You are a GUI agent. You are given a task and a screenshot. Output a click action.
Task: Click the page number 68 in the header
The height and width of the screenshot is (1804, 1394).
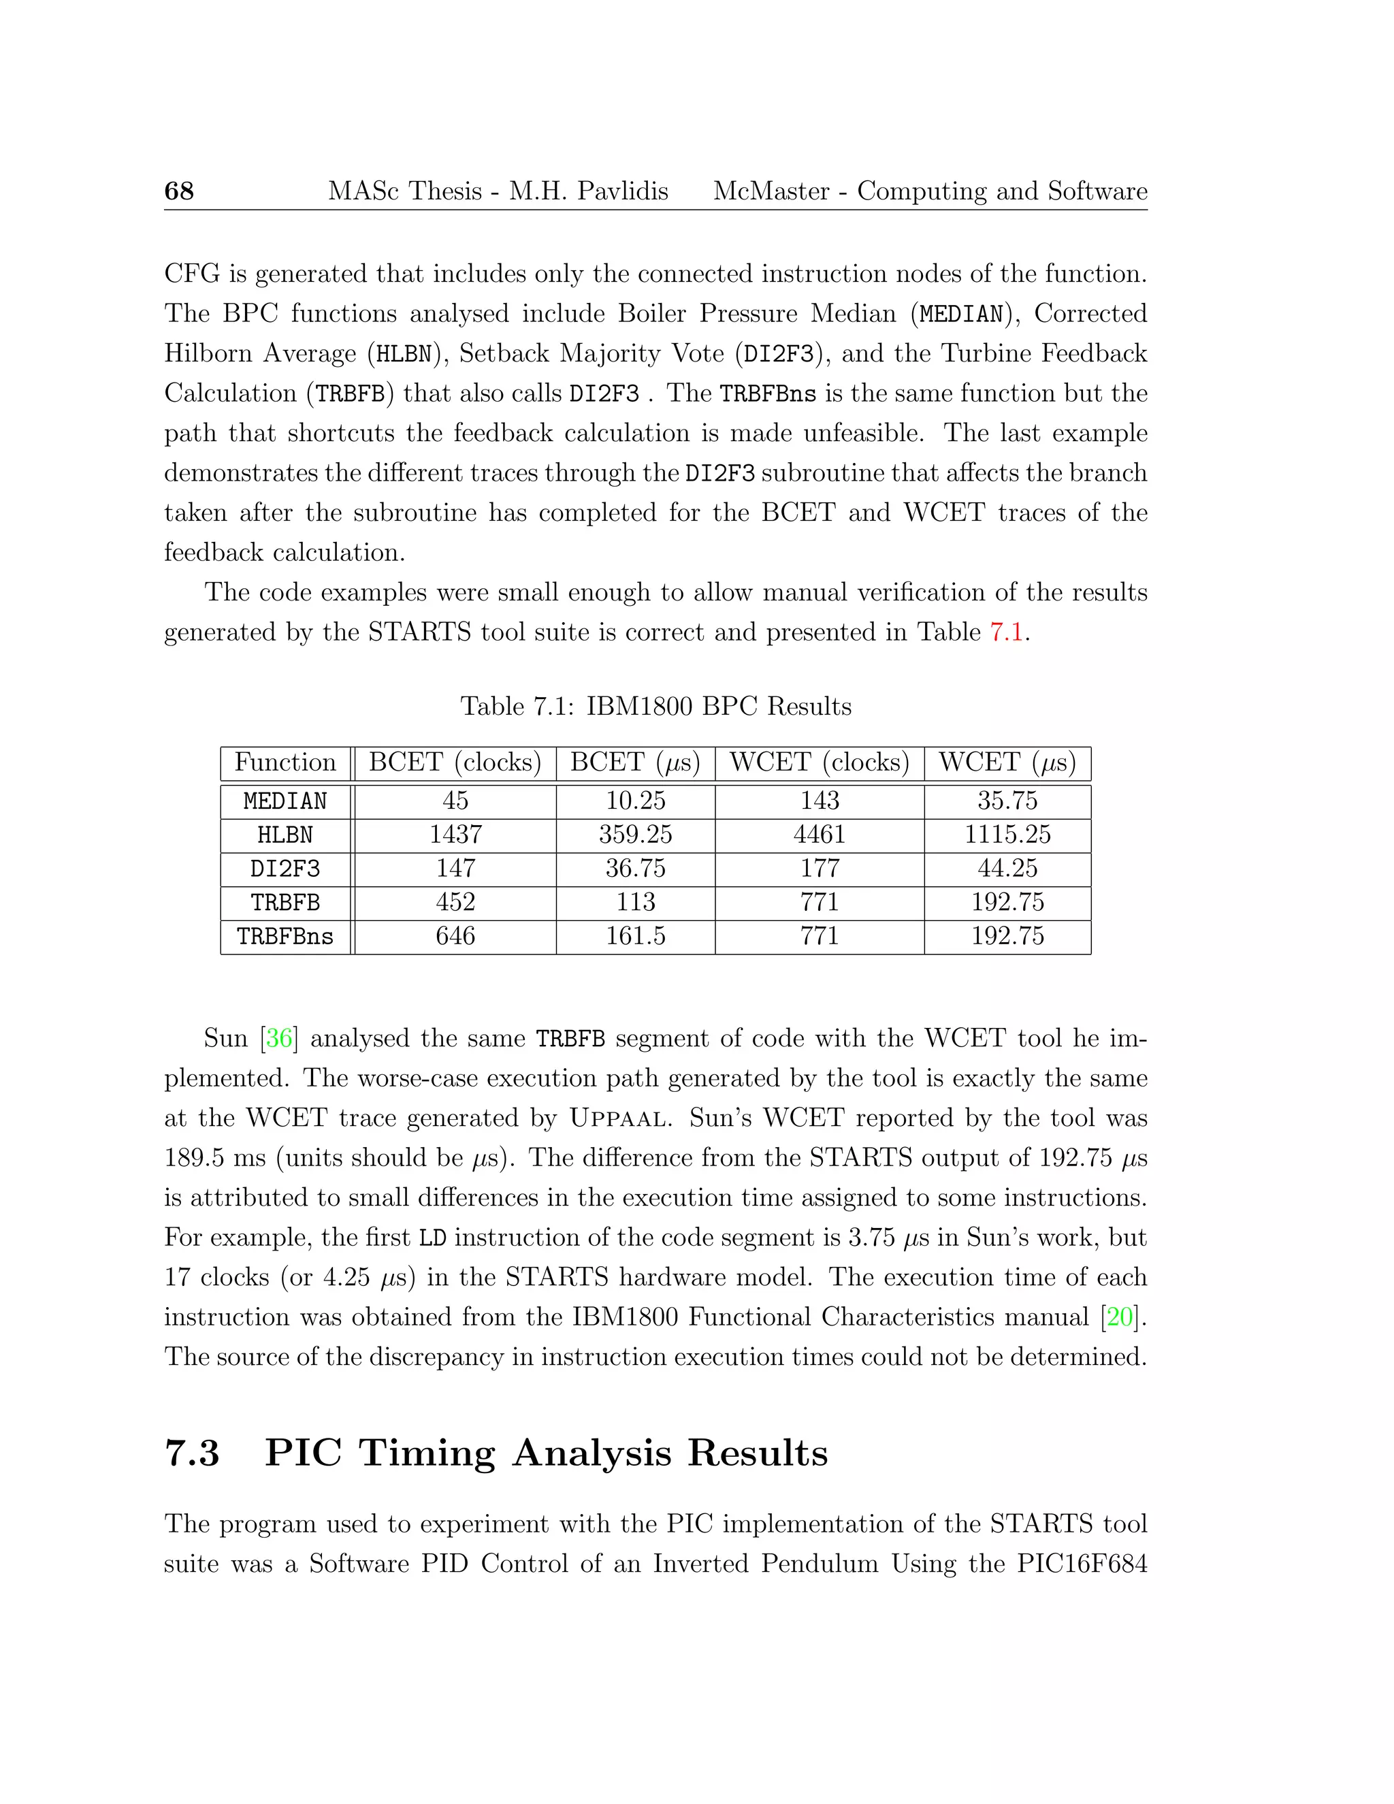point(178,191)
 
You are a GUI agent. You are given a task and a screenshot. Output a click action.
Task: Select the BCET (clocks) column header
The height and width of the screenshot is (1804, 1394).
point(455,762)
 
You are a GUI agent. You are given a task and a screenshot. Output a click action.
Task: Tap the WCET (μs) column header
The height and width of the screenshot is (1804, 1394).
point(1007,762)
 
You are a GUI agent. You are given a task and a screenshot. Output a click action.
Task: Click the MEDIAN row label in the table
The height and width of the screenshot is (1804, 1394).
point(285,801)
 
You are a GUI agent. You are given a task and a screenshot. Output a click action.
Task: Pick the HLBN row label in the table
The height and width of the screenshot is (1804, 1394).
point(285,835)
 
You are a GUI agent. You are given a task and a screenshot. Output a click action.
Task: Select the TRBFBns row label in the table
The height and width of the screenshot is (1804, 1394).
point(285,937)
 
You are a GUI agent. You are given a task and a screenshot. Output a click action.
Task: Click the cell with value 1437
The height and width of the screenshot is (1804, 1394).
point(455,835)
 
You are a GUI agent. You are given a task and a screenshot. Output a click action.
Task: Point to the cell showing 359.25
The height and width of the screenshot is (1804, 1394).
point(635,835)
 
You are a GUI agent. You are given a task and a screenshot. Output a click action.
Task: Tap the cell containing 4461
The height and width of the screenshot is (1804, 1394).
point(820,835)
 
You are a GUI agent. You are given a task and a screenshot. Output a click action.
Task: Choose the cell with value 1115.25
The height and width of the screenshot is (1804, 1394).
point(1007,835)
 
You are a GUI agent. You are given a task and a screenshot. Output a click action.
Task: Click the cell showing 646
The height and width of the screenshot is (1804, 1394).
point(455,936)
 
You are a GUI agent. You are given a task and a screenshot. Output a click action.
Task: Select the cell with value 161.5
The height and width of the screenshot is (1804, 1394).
point(635,936)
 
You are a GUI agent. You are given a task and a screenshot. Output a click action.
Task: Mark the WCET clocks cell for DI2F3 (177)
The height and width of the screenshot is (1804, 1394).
point(820,868)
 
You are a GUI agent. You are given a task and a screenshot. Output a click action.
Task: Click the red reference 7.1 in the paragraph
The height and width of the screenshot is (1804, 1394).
point(1006,632)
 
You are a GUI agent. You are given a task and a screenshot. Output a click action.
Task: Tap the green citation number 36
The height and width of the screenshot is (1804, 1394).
point(279,1038)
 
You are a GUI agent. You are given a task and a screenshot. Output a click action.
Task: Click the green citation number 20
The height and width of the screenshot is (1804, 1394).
point(1120,1317)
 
